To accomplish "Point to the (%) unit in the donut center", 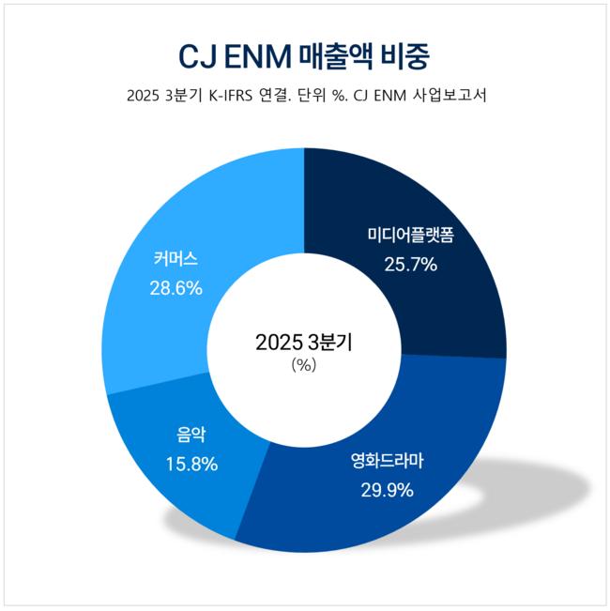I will pyautogui.click(x=304, y=365).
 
